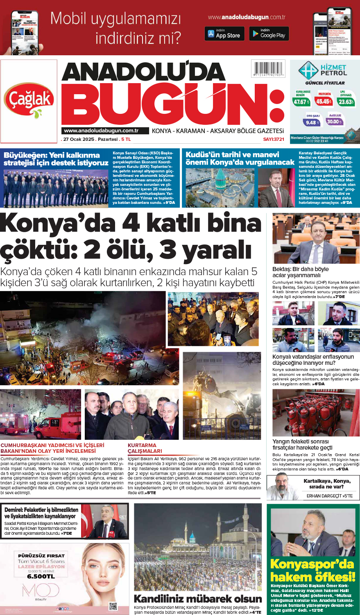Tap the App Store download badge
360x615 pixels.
tap(224, 34)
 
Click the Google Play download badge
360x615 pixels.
tap(269, 34)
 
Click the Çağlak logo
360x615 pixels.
tap(29, 99)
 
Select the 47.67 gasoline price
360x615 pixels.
tap(301, 102)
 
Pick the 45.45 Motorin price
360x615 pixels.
tap(324, 101)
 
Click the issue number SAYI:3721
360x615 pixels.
tap(273, 139)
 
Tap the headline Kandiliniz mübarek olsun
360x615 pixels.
tap(198, 599)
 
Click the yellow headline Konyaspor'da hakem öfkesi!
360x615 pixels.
tap(312, 570)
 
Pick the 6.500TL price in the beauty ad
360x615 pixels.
tap(41, 576)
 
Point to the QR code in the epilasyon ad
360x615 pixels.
tap(113, 606)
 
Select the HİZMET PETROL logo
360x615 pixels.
tap(324, 71)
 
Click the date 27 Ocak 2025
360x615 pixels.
tap(79, 139)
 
